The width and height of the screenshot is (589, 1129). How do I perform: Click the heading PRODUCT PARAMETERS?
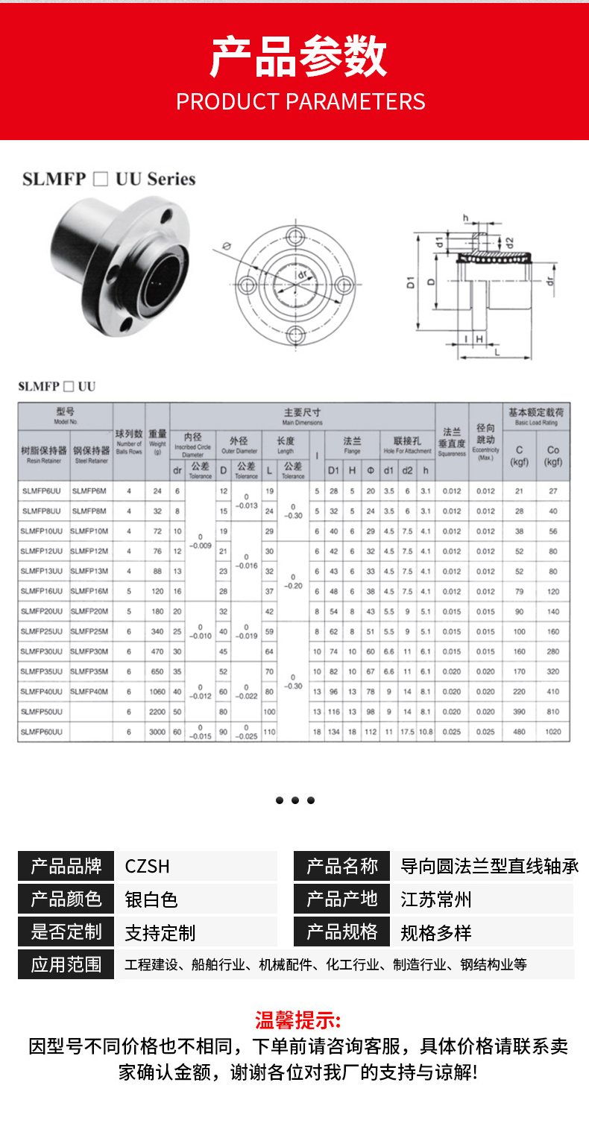point(300,101)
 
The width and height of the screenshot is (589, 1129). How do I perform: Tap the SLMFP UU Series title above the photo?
point(109,179)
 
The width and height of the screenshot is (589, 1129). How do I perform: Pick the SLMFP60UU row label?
point(42,733)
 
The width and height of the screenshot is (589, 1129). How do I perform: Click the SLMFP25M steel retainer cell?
point(89,631)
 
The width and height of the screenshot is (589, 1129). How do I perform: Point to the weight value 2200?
point(157,712)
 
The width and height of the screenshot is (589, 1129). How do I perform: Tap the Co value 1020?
point(553,733)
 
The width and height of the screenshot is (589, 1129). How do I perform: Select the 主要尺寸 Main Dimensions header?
point(302,416)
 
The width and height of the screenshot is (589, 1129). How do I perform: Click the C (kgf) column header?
point(520,455)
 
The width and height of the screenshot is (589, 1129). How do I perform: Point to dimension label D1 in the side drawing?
point(411,283)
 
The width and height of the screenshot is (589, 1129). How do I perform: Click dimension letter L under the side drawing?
point(497,352)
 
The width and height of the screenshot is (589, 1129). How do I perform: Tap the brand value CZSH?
point(148,866)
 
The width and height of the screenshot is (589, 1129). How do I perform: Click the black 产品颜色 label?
point(66,899)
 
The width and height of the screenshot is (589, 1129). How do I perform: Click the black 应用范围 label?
point(66,964)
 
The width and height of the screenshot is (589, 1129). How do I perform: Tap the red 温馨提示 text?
point(298,1020)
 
